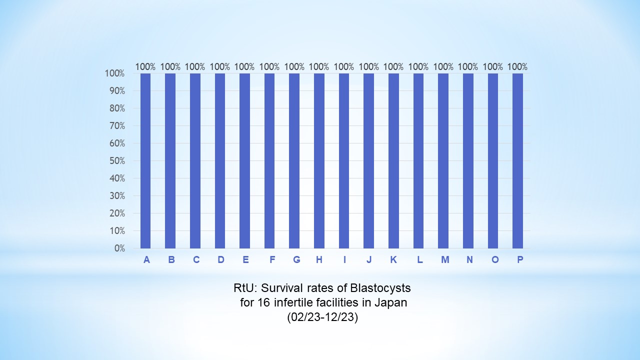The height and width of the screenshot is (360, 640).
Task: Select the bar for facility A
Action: pyautogui.click(x=145, y=160)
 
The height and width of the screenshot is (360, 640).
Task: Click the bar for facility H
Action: pyautogui.click(x=319, y=160)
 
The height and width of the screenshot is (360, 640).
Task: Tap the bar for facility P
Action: pyautogui.click(x=517, y=160)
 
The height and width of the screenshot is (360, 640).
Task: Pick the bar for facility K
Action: pyautogui.click(x=393, y=160)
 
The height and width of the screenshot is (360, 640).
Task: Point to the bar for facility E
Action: pyautogui.click(x=244, y=160)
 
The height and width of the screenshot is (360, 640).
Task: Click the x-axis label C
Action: pyautogui.click(x=196, y=259)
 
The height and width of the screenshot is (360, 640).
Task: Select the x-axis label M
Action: pyautogui.click(x=444, y=259)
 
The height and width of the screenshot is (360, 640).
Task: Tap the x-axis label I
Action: pyautogui.click(x=344, y=259)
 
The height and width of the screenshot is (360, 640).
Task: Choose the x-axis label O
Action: pyautogui.click(x=494, y=259)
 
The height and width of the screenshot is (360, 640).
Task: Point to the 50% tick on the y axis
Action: pyautogui.click(x=115, y=161)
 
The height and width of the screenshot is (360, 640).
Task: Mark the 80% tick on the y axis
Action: pyautogui.click(x=115, y=108)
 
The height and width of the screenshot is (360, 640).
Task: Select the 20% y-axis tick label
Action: pyautogui.click(x=115, y=213)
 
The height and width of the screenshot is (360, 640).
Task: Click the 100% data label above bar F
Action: pyautogui.click(x=269, y=66)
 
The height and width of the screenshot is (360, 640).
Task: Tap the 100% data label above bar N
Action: pyautogui.click(x=468, y=66)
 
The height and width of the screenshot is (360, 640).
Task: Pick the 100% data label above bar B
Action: pyautogui.click(x=170, y=66)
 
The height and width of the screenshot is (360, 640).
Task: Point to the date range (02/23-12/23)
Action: pyautogui.click(x=322, y=317)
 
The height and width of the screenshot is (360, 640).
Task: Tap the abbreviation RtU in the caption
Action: pyautogui.click(x=242, y=288)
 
